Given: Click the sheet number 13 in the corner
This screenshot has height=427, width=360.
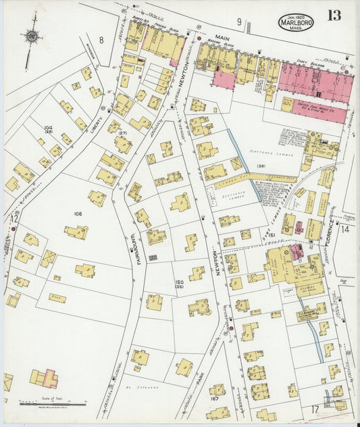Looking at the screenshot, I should click(334, 16).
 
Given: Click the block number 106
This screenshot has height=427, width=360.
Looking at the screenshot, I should click(78, 214).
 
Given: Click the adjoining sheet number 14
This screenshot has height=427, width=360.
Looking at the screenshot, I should click(344, 230).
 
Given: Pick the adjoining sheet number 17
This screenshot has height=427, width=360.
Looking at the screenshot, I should click(314, 408).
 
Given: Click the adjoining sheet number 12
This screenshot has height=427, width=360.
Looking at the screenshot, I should click(14, 218).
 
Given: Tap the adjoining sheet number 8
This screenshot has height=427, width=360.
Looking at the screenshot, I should click(101, 40).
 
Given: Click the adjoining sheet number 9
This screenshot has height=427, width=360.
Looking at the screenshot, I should click(238, 22).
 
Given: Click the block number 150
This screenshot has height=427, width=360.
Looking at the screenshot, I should click(179, 282).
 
